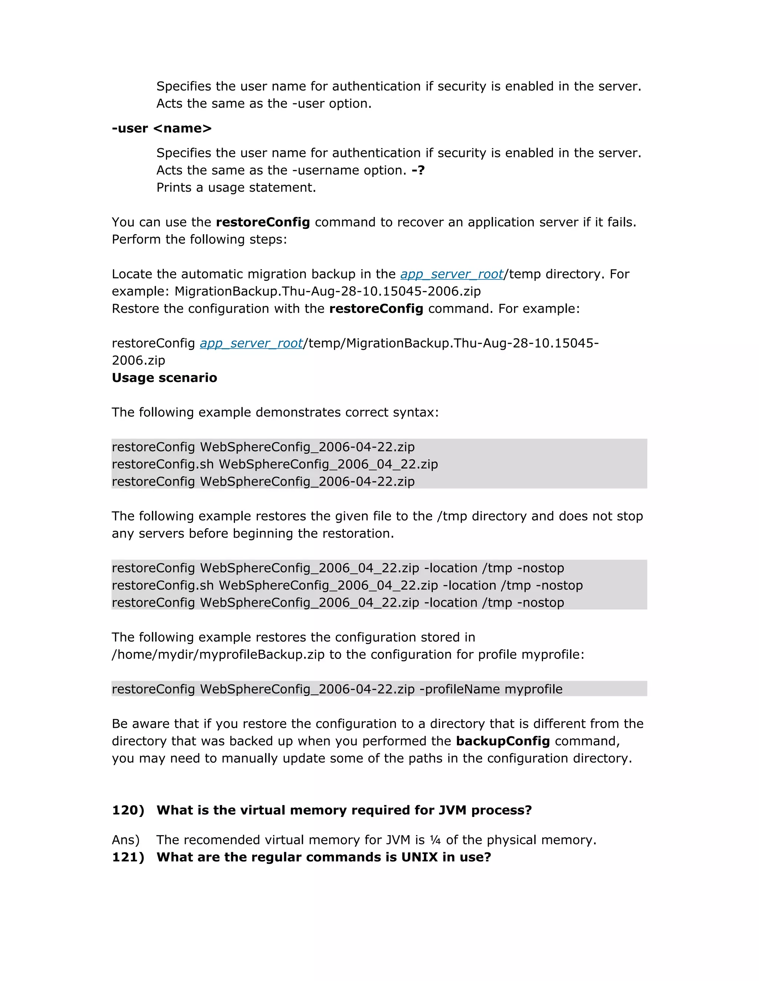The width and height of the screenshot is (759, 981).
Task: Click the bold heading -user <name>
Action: point(162,128)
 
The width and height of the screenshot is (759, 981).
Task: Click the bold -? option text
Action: point(418,170)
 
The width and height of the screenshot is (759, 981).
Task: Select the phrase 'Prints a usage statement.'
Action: point(236,187)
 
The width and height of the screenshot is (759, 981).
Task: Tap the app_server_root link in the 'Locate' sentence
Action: point(452,274)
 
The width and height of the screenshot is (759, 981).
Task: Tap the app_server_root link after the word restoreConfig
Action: point(251,343)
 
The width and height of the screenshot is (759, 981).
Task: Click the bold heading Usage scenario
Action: point(164,378)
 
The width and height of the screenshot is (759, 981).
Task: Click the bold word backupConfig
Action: point(503,741)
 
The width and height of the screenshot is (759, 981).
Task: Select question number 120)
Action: point(128,810)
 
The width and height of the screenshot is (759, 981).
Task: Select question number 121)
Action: point(128,857)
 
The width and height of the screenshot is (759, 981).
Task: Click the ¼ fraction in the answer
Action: point(435,840)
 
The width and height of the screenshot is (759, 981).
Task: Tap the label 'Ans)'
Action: point(126,840)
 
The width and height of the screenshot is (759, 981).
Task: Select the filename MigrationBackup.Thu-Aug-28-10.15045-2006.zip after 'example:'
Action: point(327,291)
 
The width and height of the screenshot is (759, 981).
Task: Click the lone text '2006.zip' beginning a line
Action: point(139,360)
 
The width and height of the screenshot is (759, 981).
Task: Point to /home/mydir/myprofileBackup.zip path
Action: point(218,654)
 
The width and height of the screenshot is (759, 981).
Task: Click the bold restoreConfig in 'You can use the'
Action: point(263,222)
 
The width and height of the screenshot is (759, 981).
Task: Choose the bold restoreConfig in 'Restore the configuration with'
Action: point(376,309)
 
